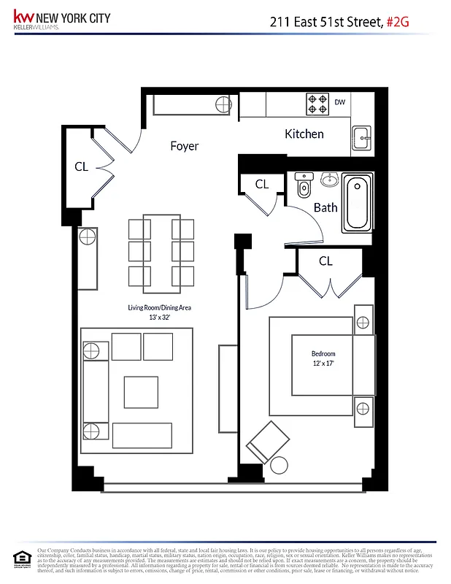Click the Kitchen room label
tap(304, 134)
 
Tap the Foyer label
tap(184, 146)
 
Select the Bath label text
tap(325, 207)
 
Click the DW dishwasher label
tap(340, 102)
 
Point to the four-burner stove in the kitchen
tap(317, 104)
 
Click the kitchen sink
tap(361, 137)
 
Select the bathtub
tap(358, 202)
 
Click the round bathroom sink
tap(330, 179)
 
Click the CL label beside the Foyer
tap(81, 166)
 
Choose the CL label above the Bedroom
tap(325, 261)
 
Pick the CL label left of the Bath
tap(262, 185)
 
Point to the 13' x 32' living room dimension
tap(159, 317)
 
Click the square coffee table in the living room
tap(140, 391)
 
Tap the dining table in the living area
tap(161, 250)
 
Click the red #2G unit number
tap(398, 23)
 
